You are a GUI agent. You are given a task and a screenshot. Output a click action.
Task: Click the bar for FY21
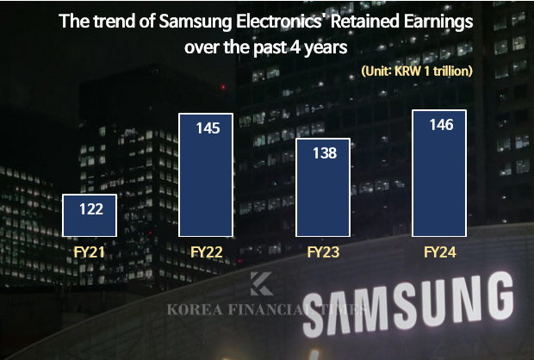(90, 215)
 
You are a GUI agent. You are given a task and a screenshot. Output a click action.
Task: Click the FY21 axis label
(90, 252)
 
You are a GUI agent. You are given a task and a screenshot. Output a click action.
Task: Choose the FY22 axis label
(207, 252)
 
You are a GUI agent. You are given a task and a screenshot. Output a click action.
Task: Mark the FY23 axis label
(323, 252)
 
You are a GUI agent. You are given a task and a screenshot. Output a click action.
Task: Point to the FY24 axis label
(440, 252)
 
